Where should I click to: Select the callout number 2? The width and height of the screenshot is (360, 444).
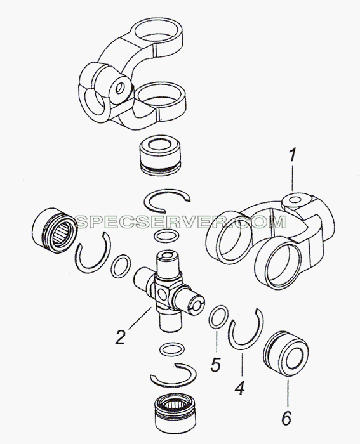[120, 337]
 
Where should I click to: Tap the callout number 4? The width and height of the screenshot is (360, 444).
[239, 388]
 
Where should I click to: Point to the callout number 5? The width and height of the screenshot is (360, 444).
[215, 365]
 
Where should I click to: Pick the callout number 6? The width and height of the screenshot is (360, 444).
[286, 417]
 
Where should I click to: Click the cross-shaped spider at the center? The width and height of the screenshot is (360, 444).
[169, 292]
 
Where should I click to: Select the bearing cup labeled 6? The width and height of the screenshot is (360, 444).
[286, 353]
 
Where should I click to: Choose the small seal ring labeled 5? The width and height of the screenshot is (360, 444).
[218, 317]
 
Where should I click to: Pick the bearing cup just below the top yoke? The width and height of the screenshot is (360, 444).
[159, 157]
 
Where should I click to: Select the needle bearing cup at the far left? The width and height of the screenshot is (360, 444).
[55, 230]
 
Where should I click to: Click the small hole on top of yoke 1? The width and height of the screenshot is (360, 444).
[296, 200]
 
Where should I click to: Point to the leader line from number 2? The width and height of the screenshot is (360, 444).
[140, 318]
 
